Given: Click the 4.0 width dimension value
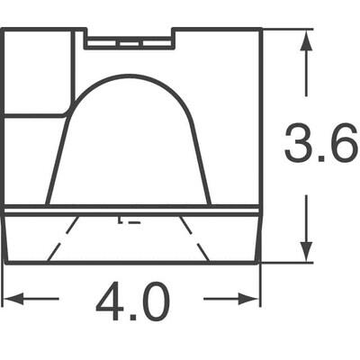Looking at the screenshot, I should click(x=132, y=303).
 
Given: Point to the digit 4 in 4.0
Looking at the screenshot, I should click(x=109, y=303).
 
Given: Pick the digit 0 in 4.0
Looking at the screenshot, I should click(x=155, y=303).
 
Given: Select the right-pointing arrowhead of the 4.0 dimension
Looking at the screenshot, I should click(x=253, y=298).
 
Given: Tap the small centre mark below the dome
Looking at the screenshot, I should click(x=125, y=218).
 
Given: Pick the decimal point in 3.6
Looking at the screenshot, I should click(x=321, y=159).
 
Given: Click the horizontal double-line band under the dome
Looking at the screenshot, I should click(x=131, y=210).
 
